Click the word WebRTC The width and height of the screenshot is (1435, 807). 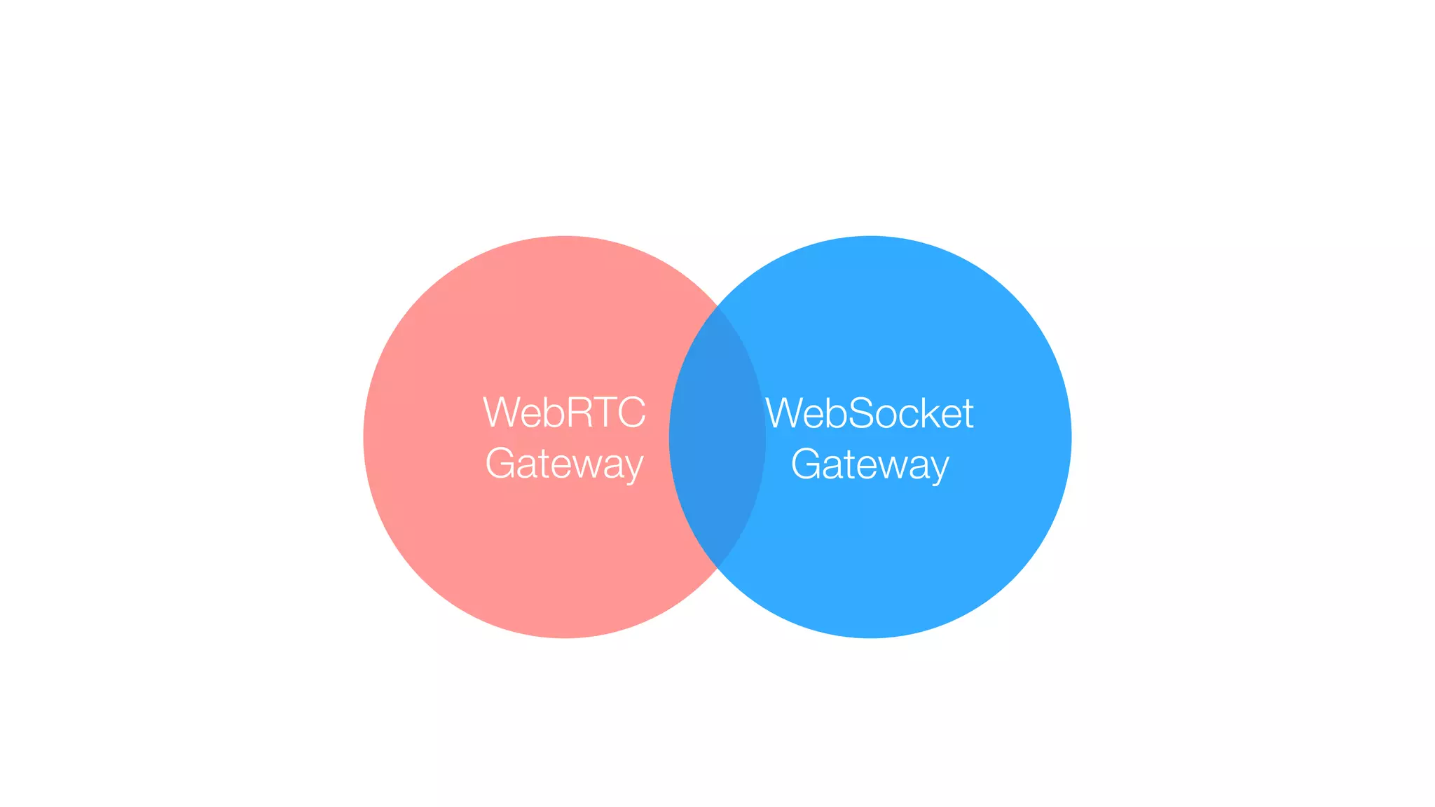(564, 413)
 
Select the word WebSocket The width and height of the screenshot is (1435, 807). (869, 413)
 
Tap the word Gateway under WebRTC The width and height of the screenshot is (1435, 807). (564, 464)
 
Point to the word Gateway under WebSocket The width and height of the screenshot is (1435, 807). (870, 464)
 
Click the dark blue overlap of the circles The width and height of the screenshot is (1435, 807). (717, 437)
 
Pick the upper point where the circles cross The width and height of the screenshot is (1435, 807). (717, 307)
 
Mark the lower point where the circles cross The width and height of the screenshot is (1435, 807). (717, 567)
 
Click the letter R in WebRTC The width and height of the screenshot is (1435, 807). (579, 413)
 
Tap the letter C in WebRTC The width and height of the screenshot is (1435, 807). (630, 413)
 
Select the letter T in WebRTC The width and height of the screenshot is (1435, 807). (604, 413)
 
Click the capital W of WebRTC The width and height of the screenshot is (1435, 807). (500, 413)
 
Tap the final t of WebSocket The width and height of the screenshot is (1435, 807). (968, 413)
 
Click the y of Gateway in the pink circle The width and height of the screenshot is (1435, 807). (633, 468)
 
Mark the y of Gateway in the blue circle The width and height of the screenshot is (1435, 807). (939, 468)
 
